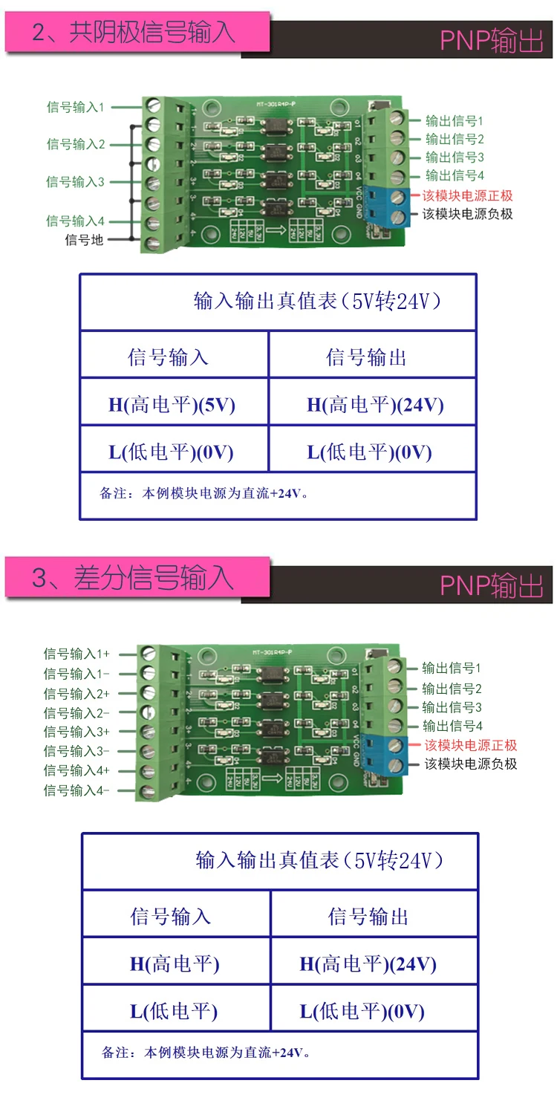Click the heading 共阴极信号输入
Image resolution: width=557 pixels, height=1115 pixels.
coord(152,33)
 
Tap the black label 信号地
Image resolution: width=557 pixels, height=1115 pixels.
coord(85,239)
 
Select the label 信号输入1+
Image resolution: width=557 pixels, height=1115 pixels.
coord(76,654)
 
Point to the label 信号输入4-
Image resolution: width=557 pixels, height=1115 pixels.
coord(76,790)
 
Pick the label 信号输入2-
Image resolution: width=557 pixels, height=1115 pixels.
coord(76,712)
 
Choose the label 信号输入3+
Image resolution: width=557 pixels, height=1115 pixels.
coord(76,732)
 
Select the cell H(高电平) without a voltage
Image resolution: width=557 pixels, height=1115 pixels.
coord(175,963)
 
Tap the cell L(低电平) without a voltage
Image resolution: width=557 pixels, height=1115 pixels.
coord(175,1011)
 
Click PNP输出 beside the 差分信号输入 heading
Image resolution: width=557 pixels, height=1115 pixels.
coord(492,585)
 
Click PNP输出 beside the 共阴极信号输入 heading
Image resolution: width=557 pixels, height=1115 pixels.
coord(492,42)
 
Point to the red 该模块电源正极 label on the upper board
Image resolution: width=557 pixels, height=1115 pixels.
coord(468,195)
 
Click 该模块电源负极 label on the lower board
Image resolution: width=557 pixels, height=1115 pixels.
coord(470,764)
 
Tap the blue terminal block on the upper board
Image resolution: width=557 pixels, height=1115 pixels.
coord(390,207)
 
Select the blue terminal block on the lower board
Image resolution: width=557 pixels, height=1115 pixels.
coord(388,755)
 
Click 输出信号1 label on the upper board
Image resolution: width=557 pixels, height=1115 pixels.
coord(455,120)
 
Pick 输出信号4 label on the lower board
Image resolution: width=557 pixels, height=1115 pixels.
coord(452,726)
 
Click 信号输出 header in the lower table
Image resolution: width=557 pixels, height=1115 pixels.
coord(368,917)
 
